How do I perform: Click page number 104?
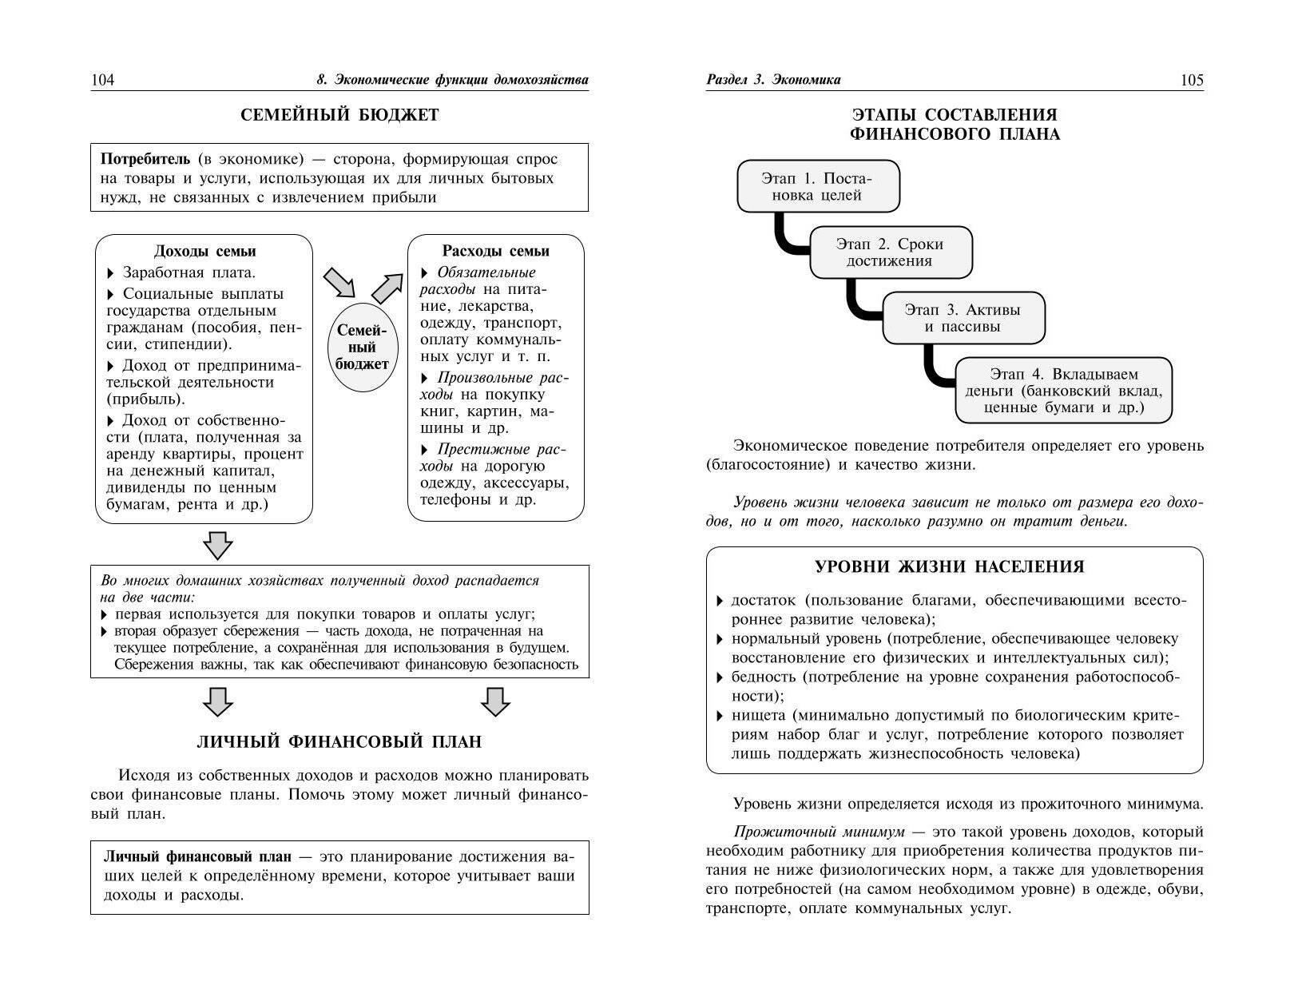(x=103, y=80)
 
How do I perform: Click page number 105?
(x=1191, y=80)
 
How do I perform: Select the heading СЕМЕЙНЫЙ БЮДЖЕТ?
(x=339, y=115)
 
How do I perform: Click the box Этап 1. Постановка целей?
(x=818, y=186)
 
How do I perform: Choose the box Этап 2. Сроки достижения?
(x=890, y=252)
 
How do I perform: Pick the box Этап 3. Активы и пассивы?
(x=963, y=318)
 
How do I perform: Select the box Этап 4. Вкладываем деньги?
(x=1063, y=391)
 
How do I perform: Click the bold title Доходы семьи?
(x=204, y=251)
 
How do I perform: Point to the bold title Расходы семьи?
(x=496, y=251)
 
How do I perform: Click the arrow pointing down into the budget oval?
(x=339, y=282)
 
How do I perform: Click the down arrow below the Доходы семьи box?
(x=218, y=546)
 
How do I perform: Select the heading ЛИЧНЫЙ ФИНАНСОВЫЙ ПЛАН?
(x=339, y=742)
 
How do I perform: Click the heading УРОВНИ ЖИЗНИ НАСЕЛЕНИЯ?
(x=949, y=567)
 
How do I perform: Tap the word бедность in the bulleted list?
(x=764, y=677)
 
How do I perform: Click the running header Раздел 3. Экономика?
(x=773, y=80)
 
